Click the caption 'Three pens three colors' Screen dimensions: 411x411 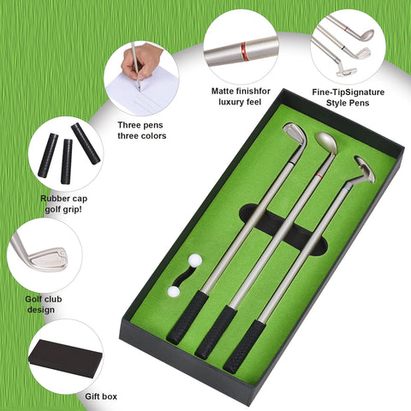[142, 129]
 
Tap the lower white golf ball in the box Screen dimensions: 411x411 [175, 291]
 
